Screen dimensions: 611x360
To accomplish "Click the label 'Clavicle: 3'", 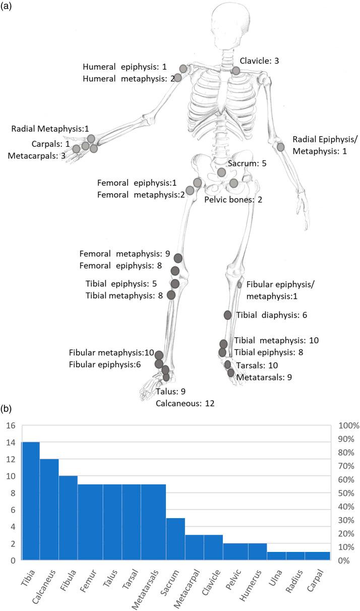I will [x=259, y=61].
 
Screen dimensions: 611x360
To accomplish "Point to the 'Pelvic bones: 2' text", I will [x=232, y=200].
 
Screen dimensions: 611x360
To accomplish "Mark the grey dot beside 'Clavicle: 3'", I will [x=235, y=71].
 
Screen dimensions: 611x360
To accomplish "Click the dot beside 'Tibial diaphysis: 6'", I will [x=227, y=315].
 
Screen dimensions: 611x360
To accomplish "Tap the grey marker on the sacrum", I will [x=221, y=173].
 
